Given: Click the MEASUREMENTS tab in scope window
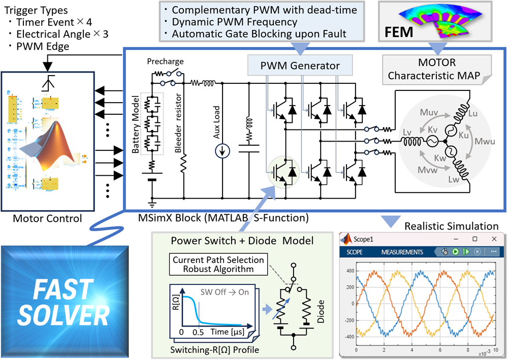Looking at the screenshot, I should point(402,252).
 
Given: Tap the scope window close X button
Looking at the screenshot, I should point(494,239).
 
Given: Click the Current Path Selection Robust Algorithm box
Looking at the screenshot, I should point(218,264).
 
